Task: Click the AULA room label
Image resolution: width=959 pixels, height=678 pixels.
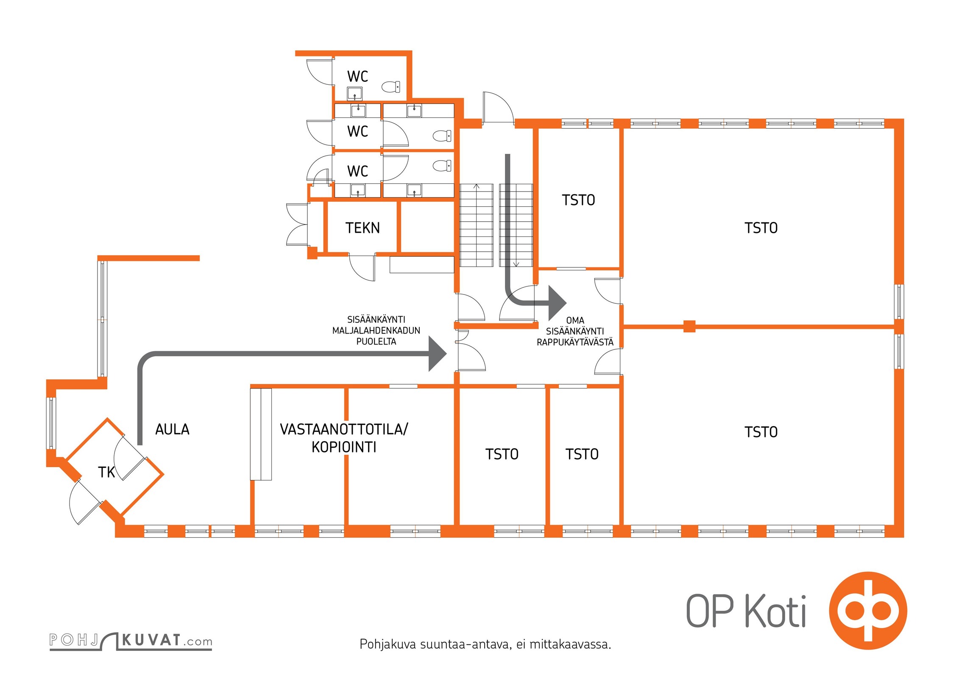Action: pyautogui.click(x=172, y=429)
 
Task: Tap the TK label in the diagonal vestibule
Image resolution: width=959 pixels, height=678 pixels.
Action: pyautogui.click(x=106, y=472)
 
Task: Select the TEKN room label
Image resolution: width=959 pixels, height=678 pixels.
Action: pyautogui.click(x=362, y=228)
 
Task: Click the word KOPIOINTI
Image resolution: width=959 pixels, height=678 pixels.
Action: pyautogui.click(x=344, y=447)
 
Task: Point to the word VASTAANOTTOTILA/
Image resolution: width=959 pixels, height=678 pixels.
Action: pyautogui.click(x=344, y=429)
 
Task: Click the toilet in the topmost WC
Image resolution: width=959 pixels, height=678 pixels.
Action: pyautogui.click(x=391, y=87)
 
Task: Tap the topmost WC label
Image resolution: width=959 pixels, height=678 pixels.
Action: pyautogui.click(x=357, y=77)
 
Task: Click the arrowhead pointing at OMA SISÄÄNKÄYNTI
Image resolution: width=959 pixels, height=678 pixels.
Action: pyautogui.click(x=557, y=303)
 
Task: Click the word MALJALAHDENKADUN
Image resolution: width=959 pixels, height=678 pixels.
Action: pyautogui.click(x=376, y=331)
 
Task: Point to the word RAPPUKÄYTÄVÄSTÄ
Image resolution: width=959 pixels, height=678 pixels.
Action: pyautogui.click(x=575, y=342)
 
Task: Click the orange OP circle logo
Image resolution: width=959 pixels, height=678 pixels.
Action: pyautogui.click(x=868, y=611)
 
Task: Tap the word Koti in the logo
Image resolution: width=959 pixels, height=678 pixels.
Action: pyautogui.click(x=775, y=611)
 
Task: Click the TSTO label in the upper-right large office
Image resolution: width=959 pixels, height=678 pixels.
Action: pyautogui.click(x=761, y=228)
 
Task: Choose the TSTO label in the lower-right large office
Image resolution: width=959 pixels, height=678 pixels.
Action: pyautogui.click(x=761, y=432)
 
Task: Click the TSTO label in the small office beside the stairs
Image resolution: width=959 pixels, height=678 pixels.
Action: pyautogui.click(x=578, y=200)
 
